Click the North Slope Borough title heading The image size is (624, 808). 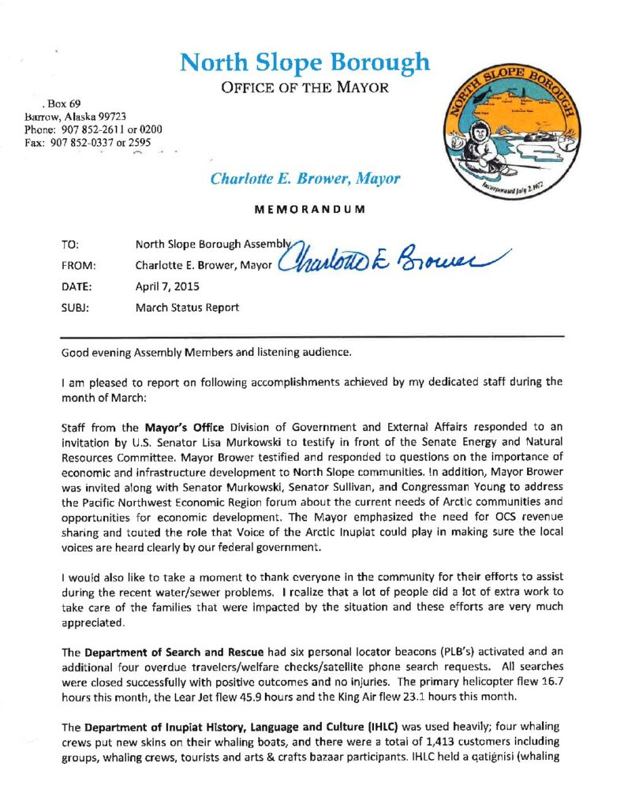pyautogui.click(x=305, y=62)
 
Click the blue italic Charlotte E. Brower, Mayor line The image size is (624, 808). pyautogui.click(x=305, y=179)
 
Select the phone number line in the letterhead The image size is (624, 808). pyautogui.click(x=94, y=129)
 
